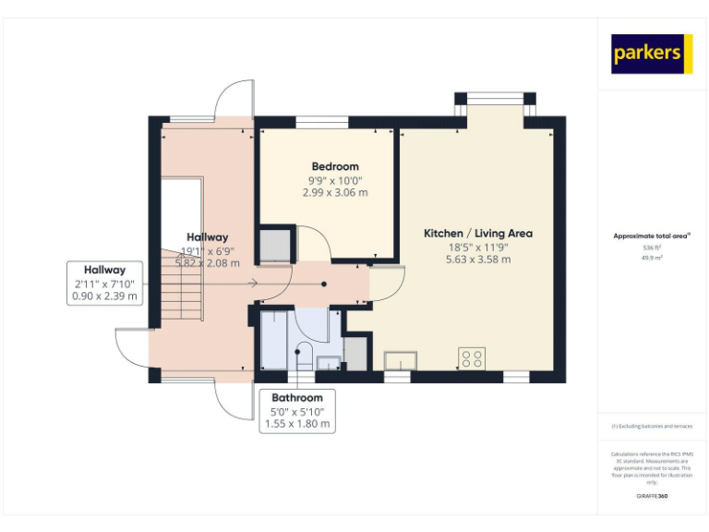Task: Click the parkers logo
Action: tap(652, 54)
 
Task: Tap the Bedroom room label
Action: tap(335, 166)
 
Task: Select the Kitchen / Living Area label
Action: tap(477, 234)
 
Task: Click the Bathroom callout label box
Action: tap(297, 411)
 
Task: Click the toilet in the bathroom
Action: tap(302, 353)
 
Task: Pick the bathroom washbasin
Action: tap(329, 362)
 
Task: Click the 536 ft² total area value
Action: tap(652, 248)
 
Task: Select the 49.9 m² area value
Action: tap(652, 258)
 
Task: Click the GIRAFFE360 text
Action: tap(652, 496)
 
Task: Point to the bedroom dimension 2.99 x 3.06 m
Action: tap(335, 193)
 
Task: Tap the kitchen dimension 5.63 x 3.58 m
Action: tap(477, 260)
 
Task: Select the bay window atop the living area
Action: tap(494, 98)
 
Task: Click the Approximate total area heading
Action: tap(652, 236)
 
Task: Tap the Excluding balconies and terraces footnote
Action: tap(652, 426)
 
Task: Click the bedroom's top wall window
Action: tap(322, 121)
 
